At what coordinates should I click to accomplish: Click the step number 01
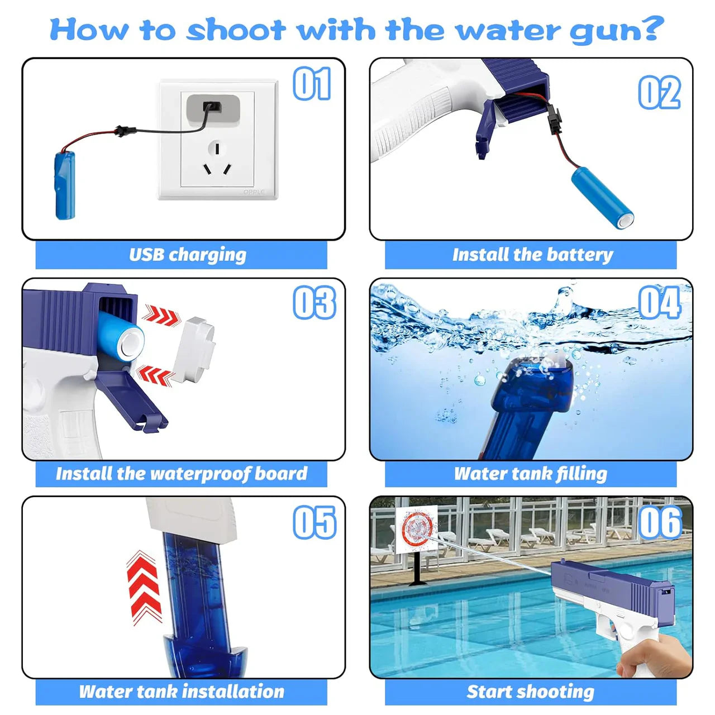click(312, 84)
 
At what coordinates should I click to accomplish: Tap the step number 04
click(659, 303)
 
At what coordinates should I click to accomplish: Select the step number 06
click(660, 523)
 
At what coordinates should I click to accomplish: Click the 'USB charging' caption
click(187, 255)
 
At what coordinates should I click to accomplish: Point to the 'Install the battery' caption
click(532, 255)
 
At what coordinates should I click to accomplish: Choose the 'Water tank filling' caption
click(530, 474)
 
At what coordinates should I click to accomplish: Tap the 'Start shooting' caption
click(530, 692)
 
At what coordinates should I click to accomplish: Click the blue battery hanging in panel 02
click(602, 198)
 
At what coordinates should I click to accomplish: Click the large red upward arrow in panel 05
click(144, 587)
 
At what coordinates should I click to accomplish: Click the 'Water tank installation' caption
click(182, 692)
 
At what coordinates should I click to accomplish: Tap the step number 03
click(314, 303)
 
